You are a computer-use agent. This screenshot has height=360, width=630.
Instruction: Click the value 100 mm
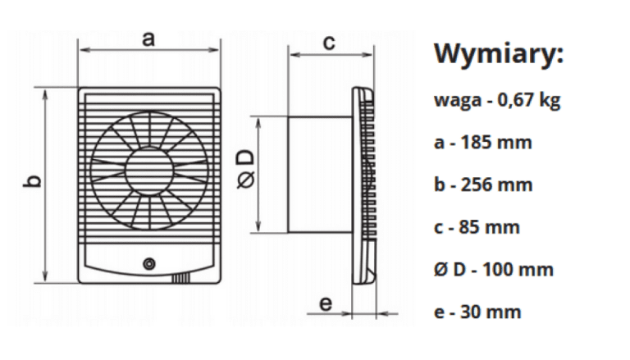tap(517, 269)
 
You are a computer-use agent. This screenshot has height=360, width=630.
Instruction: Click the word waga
tap(456, 101)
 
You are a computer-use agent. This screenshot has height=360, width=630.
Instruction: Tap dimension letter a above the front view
tap(148, 39)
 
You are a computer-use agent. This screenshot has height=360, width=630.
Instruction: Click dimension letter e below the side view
tap(326, 303)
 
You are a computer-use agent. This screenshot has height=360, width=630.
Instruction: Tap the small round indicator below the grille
tap(148, 264)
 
